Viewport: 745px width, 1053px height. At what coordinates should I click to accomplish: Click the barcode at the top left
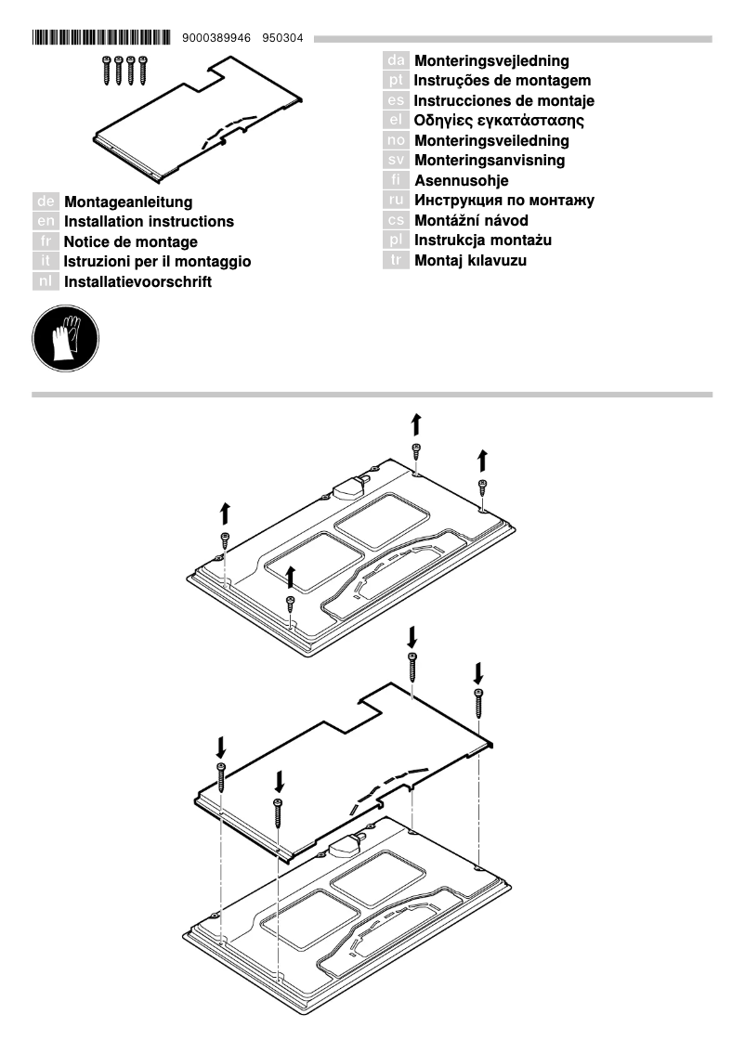click(x=101, y=38)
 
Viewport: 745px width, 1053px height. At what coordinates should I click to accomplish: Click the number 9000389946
click(x=217, y=38)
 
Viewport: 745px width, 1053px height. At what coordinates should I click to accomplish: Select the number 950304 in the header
click(x=282, y=38)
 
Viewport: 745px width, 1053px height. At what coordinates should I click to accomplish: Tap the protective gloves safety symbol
click(x=65, y=339)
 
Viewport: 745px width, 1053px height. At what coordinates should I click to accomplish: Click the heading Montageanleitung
click(x=128, y=201)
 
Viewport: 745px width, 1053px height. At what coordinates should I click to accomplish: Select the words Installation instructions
click(x=149, y=222)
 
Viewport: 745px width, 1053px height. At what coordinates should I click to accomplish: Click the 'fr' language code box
click(x=46, y=242)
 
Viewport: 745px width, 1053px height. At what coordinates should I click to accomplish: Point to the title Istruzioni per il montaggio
click(x=157, y=262)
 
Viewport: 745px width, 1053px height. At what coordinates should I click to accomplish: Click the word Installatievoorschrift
click(x=137, y=281)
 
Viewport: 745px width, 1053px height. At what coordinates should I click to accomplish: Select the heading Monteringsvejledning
click(x=491, y=61)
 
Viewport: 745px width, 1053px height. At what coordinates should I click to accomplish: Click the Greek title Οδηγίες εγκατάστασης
click(x=499, y=121)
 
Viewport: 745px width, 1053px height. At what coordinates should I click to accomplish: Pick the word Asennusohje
click(x=461, y=181)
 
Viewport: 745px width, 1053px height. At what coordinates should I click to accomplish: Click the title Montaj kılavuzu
click(x=470, y=261)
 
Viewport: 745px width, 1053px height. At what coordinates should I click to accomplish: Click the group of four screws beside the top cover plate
click(x=124, y=71)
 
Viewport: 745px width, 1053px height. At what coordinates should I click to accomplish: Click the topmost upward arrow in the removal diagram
click(x=416, y=424)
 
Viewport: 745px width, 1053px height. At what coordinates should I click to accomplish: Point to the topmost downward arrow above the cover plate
click(x=412, y=637)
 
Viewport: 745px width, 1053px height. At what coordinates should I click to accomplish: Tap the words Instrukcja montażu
click(x=483, y=240)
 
